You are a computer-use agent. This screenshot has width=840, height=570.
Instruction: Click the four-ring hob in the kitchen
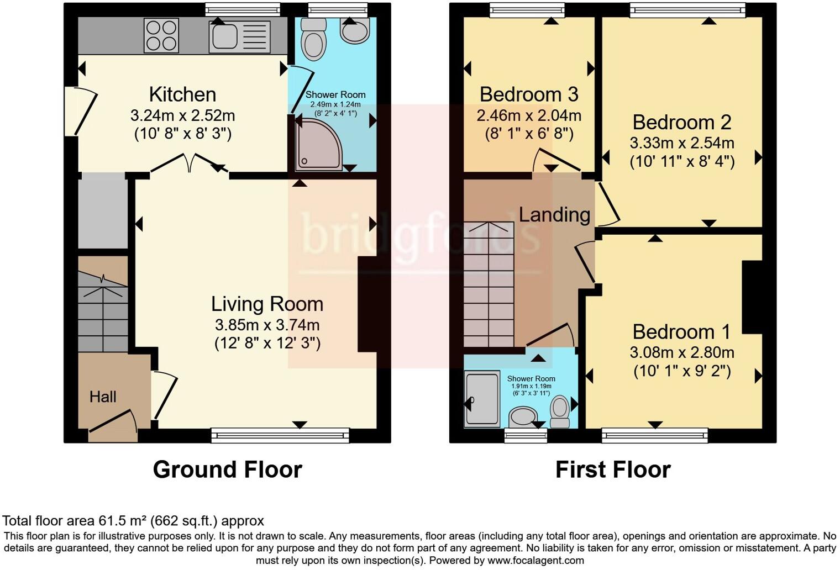click(x=161, y=35)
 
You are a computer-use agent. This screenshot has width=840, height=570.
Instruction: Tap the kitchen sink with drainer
click(x=239, y=36)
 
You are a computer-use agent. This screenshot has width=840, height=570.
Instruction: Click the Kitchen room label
click(x=182, y=94)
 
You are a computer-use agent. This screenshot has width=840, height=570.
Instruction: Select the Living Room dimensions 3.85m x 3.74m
click(x=267, y=325)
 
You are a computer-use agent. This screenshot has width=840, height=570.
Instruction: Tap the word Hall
click(x=103, y=397)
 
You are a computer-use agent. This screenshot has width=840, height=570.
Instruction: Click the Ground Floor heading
click(x=227, y=469)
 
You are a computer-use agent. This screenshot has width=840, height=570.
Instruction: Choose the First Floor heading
click(x=612, y=469)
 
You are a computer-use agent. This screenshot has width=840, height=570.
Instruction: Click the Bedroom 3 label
click(x=528, y=94)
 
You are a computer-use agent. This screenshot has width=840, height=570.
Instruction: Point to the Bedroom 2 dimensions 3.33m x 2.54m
click(x=681, y=143)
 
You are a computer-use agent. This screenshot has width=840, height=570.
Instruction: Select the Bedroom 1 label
click(x=681, y=332)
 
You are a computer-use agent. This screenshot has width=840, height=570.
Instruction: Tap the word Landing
click(x=554, y=214)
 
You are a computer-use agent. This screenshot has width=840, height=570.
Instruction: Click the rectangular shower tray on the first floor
click(x=482, y=399)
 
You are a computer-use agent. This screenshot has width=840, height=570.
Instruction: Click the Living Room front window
click(x=280, y=436)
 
